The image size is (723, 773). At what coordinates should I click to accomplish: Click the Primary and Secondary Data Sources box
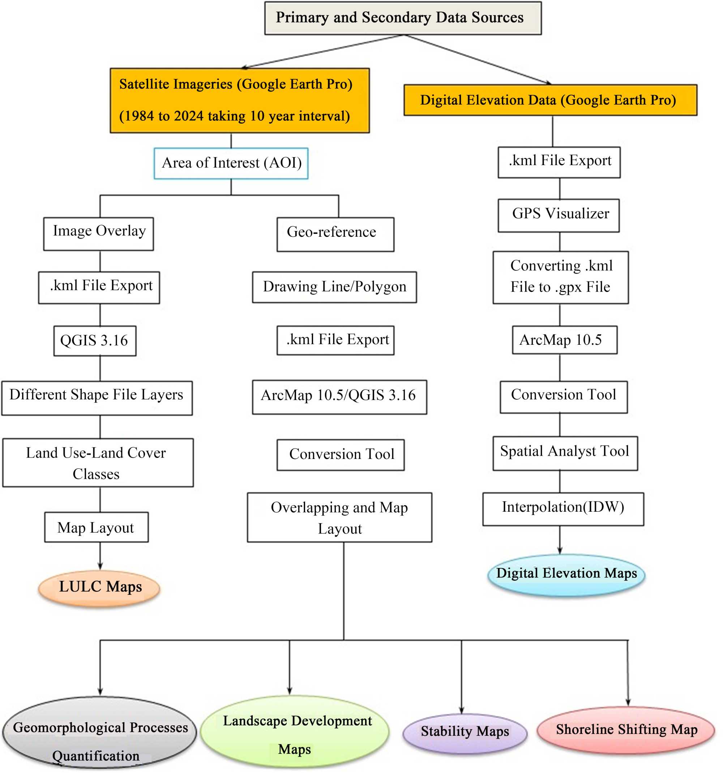[403, 18]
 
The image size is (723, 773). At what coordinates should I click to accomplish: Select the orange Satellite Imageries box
[240, 100]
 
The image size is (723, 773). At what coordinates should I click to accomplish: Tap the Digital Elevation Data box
[550, 100]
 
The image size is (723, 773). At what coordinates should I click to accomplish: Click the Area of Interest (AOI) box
[231, 163]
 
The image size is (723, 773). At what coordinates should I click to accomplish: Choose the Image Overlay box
[98, 233]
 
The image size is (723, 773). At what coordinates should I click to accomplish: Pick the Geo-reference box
[335, 234]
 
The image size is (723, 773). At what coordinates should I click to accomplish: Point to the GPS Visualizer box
[559, 215]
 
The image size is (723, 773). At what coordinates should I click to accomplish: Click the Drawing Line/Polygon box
[334, 287]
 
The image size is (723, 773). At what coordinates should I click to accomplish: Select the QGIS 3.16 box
[95, 341]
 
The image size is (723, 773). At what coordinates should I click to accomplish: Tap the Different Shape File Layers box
[97, 398]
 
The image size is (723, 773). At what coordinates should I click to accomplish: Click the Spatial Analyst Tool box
[565, 453]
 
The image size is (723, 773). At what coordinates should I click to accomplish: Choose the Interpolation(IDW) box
[563, 508]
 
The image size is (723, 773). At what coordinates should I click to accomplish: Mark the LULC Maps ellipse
[99, 588]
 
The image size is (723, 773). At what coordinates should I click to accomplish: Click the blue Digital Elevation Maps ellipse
[566, 575]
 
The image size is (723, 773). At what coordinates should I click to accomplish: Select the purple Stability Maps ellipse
[465, 733]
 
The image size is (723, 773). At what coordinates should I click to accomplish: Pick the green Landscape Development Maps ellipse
[295, 733]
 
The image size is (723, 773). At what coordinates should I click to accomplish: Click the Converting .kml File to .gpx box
[560, 277]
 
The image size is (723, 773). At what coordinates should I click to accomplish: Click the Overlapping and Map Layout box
[339, 517]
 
